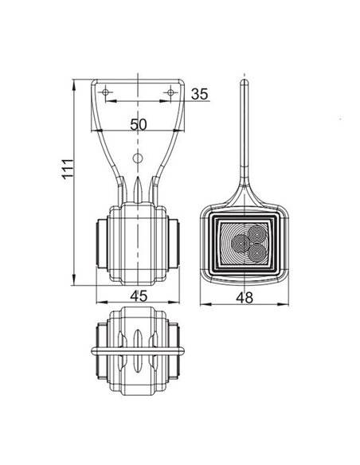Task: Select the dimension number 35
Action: click(200, 95)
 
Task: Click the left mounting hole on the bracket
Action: click(108, 95)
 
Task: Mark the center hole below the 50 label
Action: click(138, 159)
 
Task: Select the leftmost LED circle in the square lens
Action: click(239, 241)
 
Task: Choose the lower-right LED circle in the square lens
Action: click(257, 251)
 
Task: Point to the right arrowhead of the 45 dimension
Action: click(180, 305)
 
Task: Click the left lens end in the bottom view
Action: click(100, 351)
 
